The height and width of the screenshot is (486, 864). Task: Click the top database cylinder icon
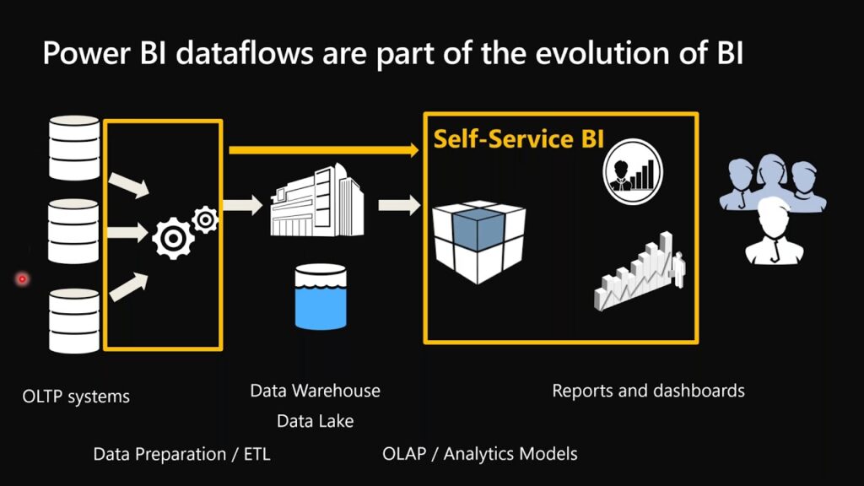pyautogui.click(x=75, y=148)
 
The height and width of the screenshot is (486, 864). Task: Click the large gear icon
pyautogui.click(x=172, y=238)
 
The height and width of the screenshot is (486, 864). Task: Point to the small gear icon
pyautogui.click(x=205, y=219)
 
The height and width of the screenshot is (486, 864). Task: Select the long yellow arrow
pyautogui.click(x=324, y=150)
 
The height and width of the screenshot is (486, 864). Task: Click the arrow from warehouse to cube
pyautogui.click(x=399, y=203)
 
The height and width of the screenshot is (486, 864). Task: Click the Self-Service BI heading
pyautogui.click(x=518, y=138)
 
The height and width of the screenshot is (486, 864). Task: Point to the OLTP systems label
pyautogui.click(x=76, y=396)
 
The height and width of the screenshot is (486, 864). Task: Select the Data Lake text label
pyautogui.click(x=315, y=420)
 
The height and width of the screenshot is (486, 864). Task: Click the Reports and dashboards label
pyautogui.click(x=648, y=391)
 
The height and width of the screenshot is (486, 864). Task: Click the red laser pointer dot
pyautogui.click(x=22, y=278)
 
